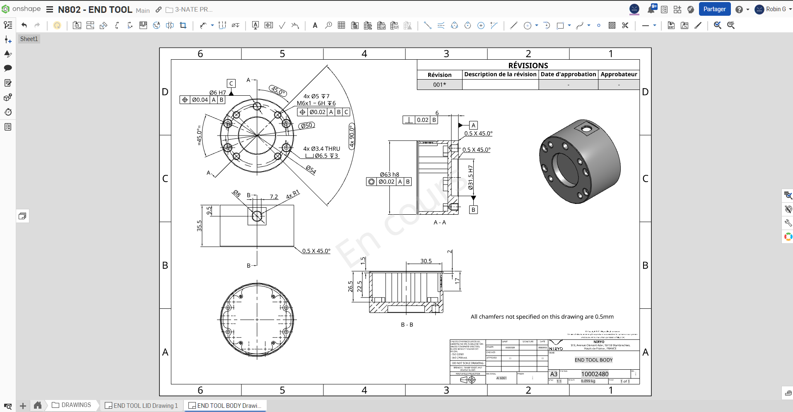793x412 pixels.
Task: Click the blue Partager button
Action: [714, 9]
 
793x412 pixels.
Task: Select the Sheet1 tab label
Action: [29, 39]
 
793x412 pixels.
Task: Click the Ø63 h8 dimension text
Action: [389, 174]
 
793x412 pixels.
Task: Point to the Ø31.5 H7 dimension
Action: [470, 177]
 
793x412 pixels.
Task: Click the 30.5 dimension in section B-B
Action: [426, 261]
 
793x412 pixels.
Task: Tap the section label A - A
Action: [439, 223]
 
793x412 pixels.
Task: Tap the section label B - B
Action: [407, 325]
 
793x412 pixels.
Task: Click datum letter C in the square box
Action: [231, 83]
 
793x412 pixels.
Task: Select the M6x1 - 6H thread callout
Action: [316, 103]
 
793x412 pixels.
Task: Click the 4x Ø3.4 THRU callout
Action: [321, 149]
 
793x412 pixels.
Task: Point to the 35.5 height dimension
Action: [199, 225]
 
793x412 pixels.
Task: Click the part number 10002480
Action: [595, 374]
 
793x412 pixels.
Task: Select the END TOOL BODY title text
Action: [593, 360]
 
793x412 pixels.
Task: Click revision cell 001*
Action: [439, 85]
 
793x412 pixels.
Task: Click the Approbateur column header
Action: [619, 74]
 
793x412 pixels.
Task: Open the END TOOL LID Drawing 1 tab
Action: [142, 405]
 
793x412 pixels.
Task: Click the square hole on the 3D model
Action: [587, 129]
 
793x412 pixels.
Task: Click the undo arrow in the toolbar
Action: [24, 25]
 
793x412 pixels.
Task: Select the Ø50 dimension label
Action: [306, 125]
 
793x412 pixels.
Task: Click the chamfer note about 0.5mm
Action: [542, 317]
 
